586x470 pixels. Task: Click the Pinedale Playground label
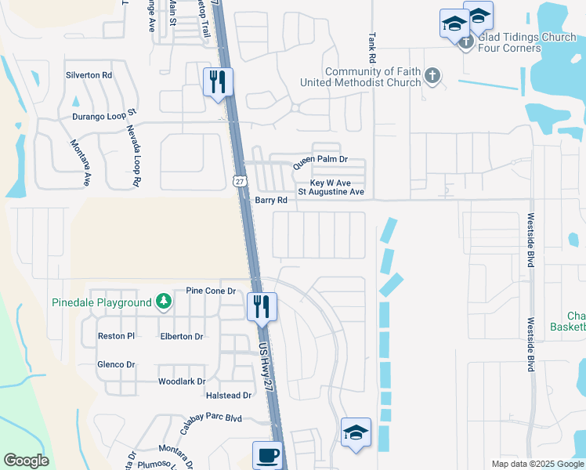(x=102, y=302)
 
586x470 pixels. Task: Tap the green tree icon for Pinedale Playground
(x=163, y=302)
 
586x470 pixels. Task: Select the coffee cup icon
(x=268, y=454)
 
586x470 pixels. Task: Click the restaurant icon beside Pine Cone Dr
(x=262, y=305)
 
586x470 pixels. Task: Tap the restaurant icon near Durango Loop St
(x=218, y=81)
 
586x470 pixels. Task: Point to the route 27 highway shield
(x=240, y=181)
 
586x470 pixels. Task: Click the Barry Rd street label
(x=272, y=200)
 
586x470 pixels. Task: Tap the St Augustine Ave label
(x=331, y=191)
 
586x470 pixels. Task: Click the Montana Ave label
(x=80, y=162)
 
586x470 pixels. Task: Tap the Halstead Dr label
(x=226, y=396)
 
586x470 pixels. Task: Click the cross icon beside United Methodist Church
(x=432, y=76)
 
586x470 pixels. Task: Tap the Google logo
(x=26, y=461)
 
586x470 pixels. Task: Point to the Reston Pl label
(x=117, y=336)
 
